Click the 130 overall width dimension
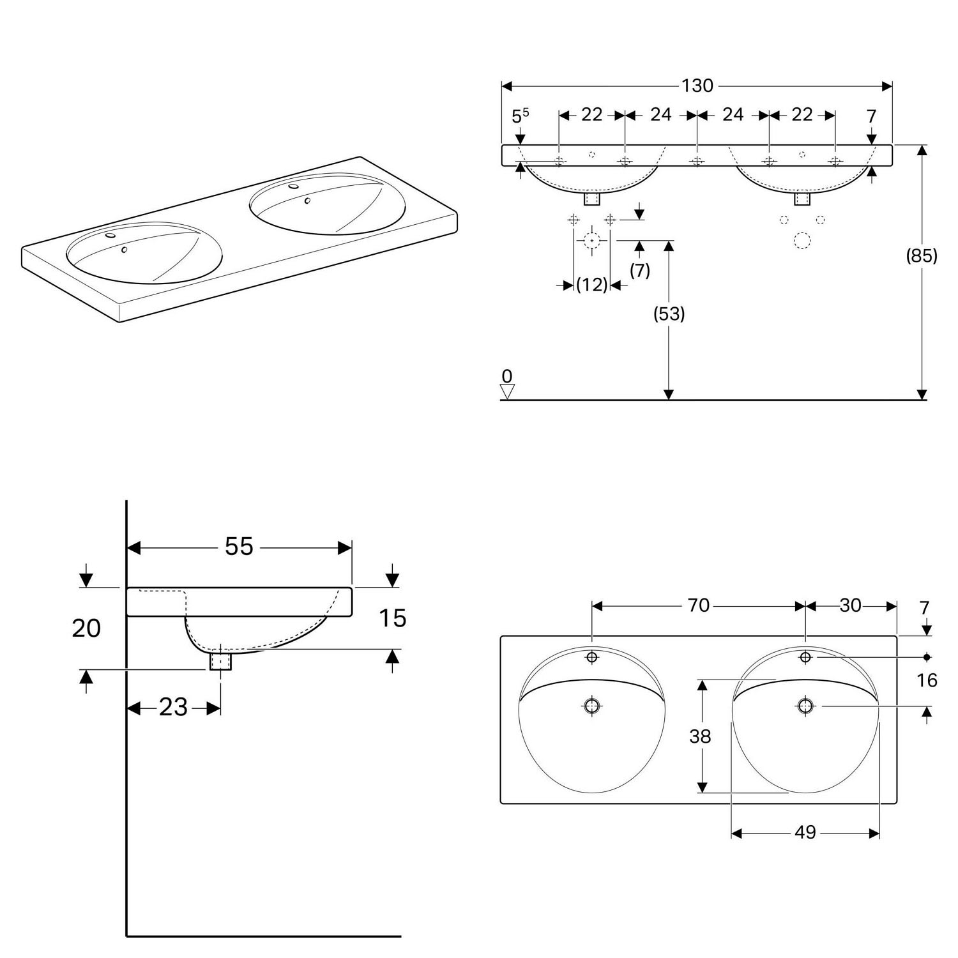[697, 86]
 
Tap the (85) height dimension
[922, 255]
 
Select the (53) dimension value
[669, 314]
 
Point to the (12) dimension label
[591, 285]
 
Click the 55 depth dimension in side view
[239, 546]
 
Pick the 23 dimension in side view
[173, 707]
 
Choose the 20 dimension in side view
[86, 628]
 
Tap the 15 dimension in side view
[392, 618]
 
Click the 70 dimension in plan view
[699, 605]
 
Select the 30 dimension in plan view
[850, 605]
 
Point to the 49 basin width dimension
[805, 832]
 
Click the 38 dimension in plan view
[700, 736]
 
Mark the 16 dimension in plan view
[927, 680]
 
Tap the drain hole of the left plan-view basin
[592, 706]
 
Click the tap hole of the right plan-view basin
[805, 657]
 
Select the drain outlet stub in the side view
[220, 660]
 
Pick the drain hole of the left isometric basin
[125, 250]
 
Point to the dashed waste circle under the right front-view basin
[802, 241]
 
